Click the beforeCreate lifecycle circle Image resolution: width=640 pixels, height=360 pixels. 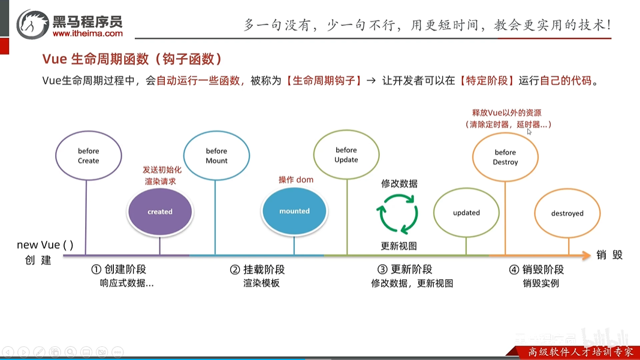(x=88, y=156)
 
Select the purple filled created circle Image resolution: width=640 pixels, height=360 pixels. (x=160, y=211)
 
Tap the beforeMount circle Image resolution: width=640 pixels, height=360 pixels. (x=216, y=156)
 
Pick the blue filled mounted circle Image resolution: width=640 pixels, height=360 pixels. (x=294, y=211)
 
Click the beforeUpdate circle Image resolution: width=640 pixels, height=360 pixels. (x=346, y=155)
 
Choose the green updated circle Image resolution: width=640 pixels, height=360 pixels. (x=466, y=213)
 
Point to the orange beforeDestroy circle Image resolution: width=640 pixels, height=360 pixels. (x=505, y=157)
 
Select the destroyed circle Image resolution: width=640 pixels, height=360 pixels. (x=567, y=213)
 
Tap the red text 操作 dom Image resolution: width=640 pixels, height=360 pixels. (x=296, y=180)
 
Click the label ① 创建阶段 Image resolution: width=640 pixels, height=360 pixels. (x=119, y=270)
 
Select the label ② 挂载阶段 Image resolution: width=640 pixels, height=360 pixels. (x=257, y=270)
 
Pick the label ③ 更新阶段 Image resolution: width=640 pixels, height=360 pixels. (x=404, y=270)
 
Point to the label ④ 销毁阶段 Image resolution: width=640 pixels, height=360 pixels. (x=536, y=270)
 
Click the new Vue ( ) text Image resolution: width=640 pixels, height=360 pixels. (x=45, y=244)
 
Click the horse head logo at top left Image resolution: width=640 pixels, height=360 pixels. (x=33, y=25)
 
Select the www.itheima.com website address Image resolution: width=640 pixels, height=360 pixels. (x=87, y=34)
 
